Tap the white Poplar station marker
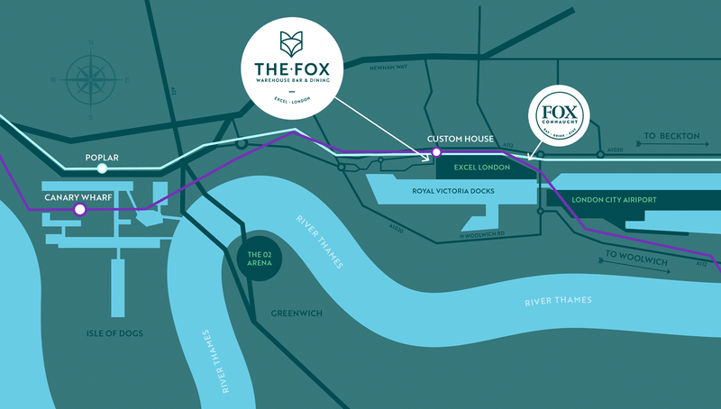[103, 168]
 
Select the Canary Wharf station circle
[79, 209]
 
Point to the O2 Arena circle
[259, 260]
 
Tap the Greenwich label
[295, 316]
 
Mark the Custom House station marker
[437, 151]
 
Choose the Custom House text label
[460, 139]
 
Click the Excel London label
[481, 168]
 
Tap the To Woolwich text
[641, 255]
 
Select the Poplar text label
[102, 157]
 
